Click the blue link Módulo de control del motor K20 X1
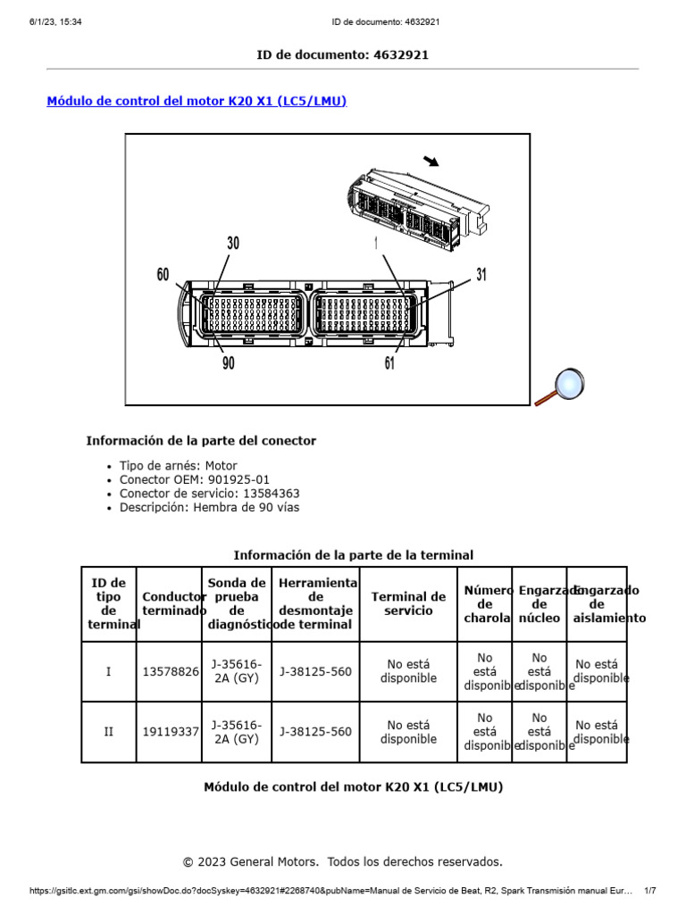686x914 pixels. pyautogui.click(x=197, y=102)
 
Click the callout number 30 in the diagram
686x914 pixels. pyautogui.click(x=233, y=244)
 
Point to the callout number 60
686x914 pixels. pyautogui.click(x=163, y=275)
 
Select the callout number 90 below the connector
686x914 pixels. pyautogui.click(x=229, y=362)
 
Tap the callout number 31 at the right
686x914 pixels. pyautogui.click(x=481, y=275)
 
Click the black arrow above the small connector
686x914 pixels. pyautogui.click(x=431, y=161)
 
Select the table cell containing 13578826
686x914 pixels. pyautogui.click(x=171, y=671)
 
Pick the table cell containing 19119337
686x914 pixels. pyautogui.click(x=171, y=732)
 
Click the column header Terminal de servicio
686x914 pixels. pyautogui.click(x=408, y=603)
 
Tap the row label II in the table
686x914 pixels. pyautogui.click(x=109, y=732)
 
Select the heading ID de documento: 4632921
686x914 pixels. pyautogui.click(x=343, y=54)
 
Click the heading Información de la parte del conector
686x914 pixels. pyautogui.click(x=201, y=441)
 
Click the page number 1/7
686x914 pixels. pyautogui.click(x=649, y=891)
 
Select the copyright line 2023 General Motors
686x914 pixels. pyautogui.click(x=343, y=861)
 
